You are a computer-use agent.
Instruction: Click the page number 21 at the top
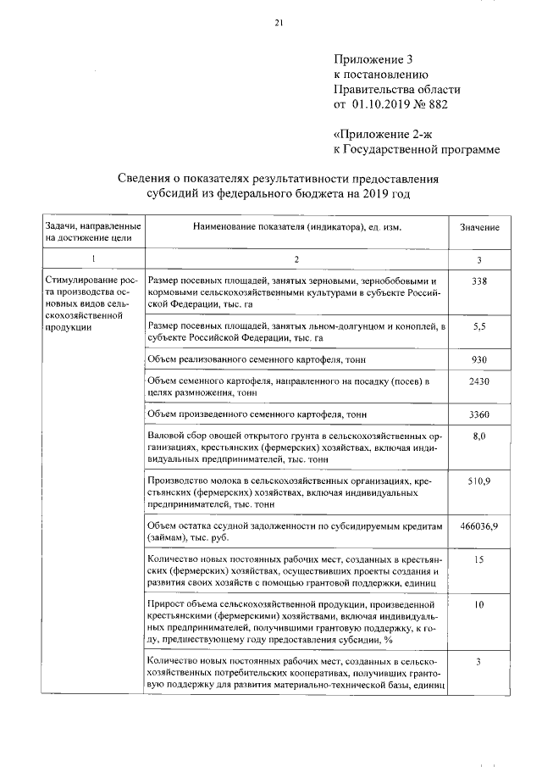pos(278,23)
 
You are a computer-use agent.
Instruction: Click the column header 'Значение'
pos(479,228)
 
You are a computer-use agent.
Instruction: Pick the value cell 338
pos(479,281)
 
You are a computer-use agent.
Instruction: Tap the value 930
pos(479,360)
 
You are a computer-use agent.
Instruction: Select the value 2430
pos(479,382)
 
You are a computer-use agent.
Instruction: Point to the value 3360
pos(479,414)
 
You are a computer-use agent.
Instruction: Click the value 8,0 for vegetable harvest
pos(479,436)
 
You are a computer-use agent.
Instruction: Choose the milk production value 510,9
pos(479,481)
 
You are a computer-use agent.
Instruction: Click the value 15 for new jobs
pos(479,560)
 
